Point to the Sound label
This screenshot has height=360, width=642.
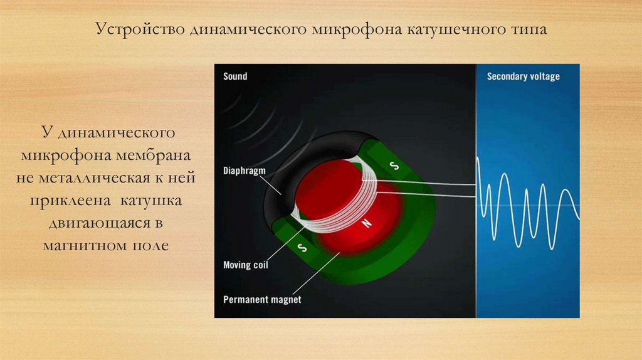(235, 77)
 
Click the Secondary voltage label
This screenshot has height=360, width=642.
(523, 77)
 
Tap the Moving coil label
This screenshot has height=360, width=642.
(246, 265)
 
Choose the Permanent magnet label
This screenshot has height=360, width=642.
(262, 299)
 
